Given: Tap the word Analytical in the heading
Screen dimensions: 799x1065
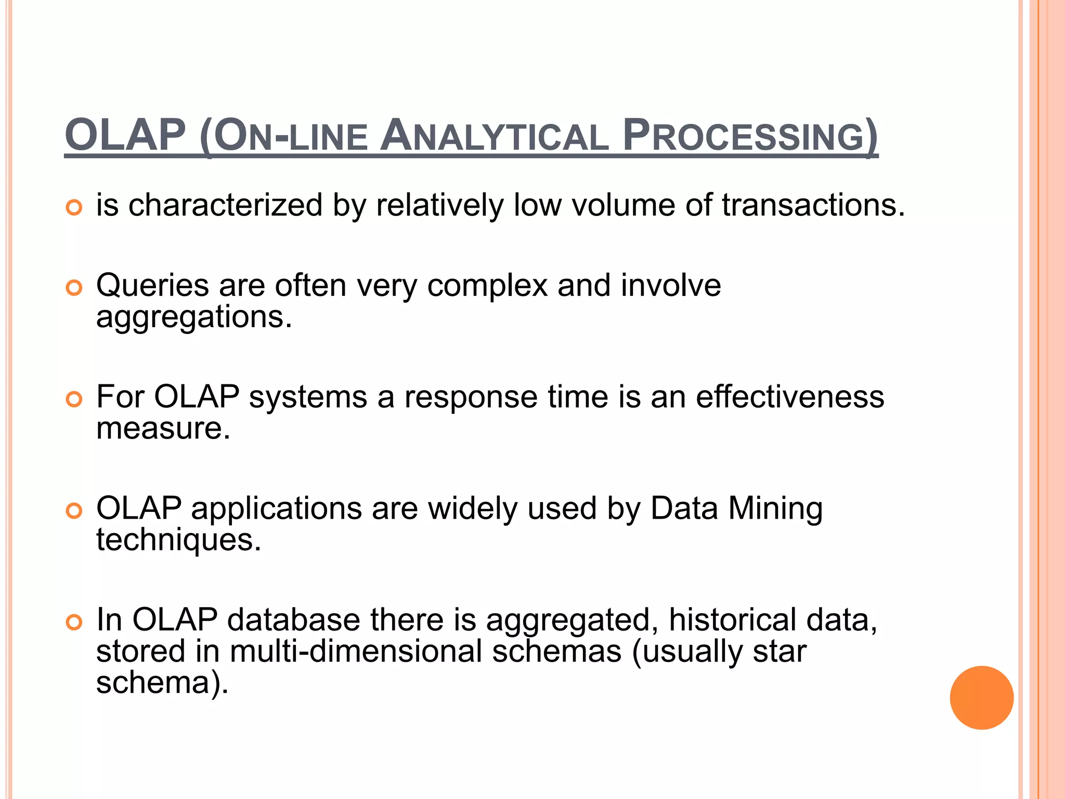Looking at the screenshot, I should pos(494,136).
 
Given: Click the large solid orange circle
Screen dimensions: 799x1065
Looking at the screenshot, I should pos(981,698).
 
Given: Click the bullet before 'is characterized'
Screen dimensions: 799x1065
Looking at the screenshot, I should pos(74,208).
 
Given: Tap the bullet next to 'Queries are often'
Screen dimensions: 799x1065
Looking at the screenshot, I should pos(74,288).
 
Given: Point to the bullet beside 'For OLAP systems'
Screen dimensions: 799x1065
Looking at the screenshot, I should pos(74,399).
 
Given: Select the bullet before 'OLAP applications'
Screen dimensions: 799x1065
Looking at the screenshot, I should pos(74,511).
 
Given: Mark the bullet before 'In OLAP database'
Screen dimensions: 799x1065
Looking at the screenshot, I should pos(74,622).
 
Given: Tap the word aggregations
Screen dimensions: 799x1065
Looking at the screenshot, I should pos(194,317).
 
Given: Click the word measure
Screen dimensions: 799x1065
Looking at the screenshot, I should pos(163,429).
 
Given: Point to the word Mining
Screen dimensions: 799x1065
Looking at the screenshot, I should pos(775,508).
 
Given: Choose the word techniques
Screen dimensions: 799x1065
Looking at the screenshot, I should pos(178,540).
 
